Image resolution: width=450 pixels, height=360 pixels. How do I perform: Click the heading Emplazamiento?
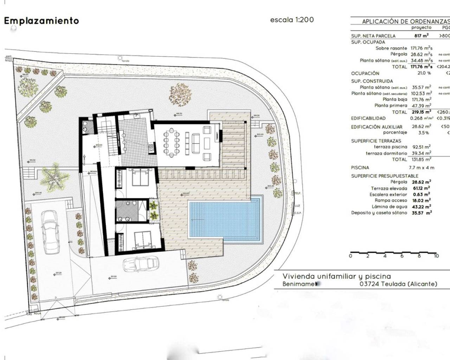pos(41,21)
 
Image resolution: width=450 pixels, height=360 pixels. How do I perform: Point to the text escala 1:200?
pos(292,20)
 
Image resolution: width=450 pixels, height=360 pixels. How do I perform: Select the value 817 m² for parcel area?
pos(421,36)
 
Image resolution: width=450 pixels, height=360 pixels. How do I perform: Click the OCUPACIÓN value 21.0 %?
pos(424,73)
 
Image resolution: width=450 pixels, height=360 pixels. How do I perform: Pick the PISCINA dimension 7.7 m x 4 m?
pos(421,168)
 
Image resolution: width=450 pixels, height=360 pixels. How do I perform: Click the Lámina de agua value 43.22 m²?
pos(421,207)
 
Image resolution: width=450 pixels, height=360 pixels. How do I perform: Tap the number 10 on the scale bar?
pos(436,256)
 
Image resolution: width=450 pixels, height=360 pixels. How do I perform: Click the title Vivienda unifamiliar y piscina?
pos(336,276)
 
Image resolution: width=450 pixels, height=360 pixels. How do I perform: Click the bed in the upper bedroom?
pos(140,177)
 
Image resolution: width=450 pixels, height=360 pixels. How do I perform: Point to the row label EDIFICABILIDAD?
pos(368,118)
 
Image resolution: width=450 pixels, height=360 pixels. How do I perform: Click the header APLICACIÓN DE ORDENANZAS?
pos(404,21)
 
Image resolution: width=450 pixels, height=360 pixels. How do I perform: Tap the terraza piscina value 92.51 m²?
pos(421,147)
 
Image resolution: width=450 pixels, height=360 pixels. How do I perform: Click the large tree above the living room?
pos(180,94)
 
